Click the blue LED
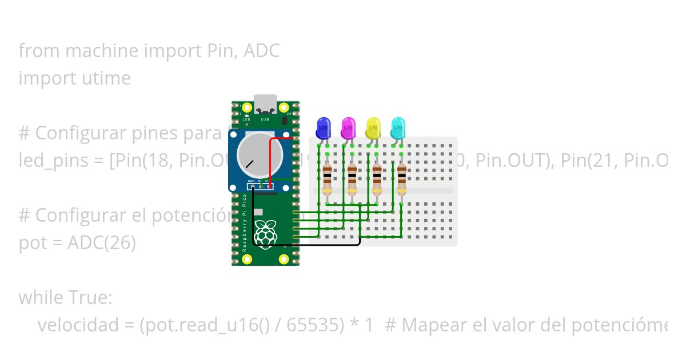pyautogui.click(x=323, y=127)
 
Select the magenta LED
pyautogui.click(x=348, y=127)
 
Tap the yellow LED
pyautogui.click(x=373, y=127)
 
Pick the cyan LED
pyautogui.click(x=398, y=127)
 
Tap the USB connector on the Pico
pyautogui.click(x=265, y=103)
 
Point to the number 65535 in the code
pyautogui.click(x=315, y=325)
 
